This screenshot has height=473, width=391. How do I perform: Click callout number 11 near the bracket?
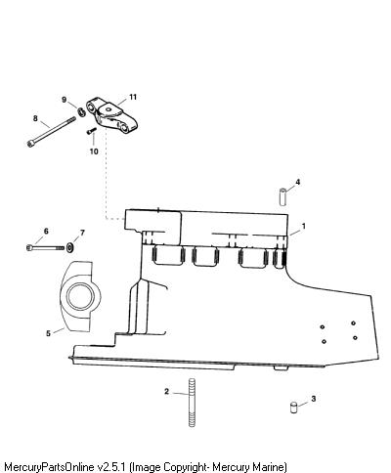[x=133, y=97]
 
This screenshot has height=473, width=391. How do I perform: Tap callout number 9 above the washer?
[x=65, y=100]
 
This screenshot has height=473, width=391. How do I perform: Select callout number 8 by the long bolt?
[x=35, y=118]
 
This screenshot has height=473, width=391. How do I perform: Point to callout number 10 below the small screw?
[x=94, y=151]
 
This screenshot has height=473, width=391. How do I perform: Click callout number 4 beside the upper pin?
[x=297, y=182]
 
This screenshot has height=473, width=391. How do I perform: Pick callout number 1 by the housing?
[x=304, y=226]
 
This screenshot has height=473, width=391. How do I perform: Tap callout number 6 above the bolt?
[x=46, y=231]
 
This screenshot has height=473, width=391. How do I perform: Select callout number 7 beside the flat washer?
[x=82, y=233]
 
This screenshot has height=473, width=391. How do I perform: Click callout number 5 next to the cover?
[x=48, y=333]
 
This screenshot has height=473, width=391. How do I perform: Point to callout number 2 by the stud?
[x=166, y=391]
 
